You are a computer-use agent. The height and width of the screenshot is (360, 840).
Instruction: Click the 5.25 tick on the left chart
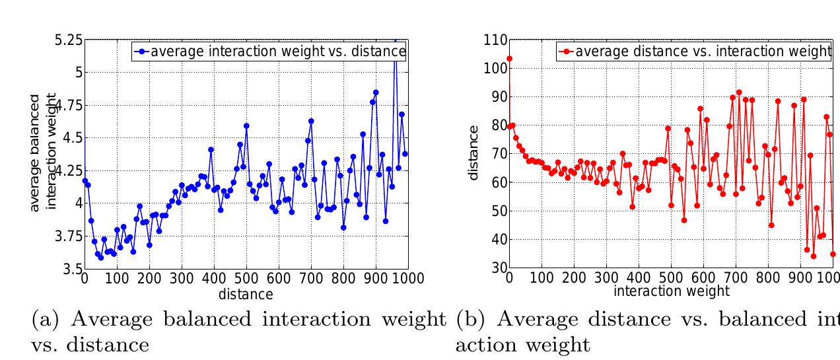(69, 40)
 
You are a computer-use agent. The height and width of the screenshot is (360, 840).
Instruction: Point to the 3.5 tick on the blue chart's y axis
(73, 269)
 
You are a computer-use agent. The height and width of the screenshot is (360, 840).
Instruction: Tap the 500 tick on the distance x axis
(246, 278)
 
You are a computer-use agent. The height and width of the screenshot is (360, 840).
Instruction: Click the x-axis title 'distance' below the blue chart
(246, 294)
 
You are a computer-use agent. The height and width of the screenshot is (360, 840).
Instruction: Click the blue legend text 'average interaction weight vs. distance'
(273, 52)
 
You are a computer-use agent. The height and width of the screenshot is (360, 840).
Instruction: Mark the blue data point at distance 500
(246, 126)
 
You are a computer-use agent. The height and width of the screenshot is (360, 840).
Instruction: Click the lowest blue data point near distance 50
(100, 258)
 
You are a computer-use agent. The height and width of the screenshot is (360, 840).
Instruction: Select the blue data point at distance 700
(311, 122)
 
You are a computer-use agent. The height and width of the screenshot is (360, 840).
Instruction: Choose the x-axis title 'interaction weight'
(671, 291)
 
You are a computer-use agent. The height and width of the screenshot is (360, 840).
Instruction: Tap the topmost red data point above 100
(509, 59)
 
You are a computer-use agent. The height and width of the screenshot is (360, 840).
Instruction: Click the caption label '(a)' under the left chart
(48, 320)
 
